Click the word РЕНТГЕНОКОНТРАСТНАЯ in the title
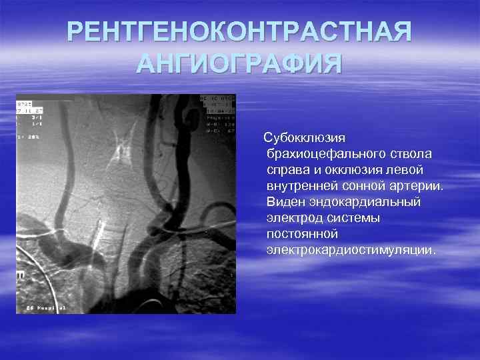point(239,32)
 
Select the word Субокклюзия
point(304,139)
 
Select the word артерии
point(418,187)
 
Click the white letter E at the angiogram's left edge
point(21,273)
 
